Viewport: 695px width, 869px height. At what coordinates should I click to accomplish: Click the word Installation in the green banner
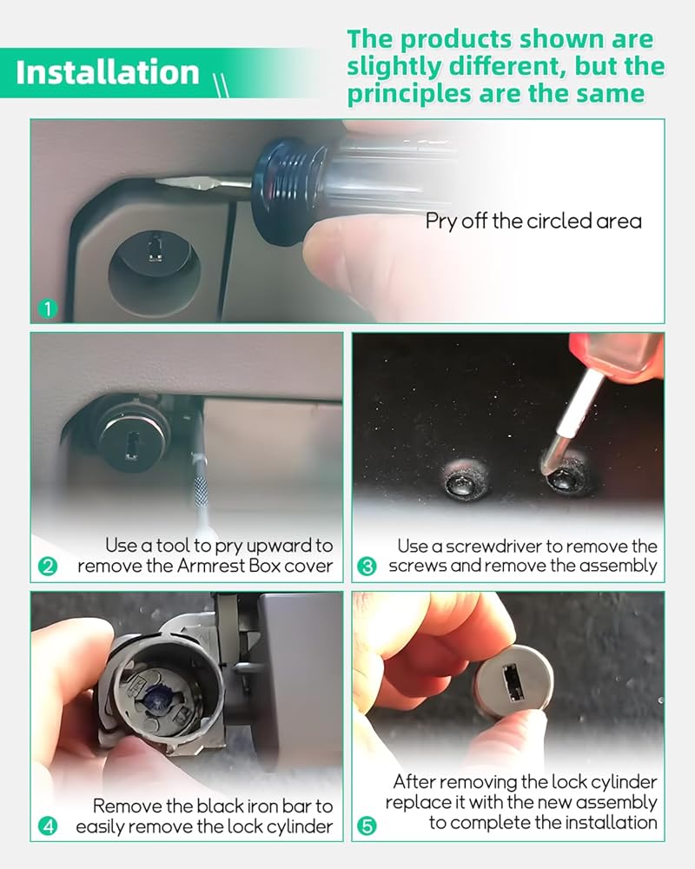pos(107,73)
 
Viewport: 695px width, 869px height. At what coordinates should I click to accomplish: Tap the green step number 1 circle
pos(48,308)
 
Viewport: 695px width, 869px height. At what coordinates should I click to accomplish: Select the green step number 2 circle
pos(48,567)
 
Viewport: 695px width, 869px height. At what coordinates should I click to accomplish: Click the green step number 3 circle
pos(367,567)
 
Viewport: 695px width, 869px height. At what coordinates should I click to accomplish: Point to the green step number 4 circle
pos(48,826)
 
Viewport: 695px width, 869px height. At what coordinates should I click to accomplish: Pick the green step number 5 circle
pos(367,826)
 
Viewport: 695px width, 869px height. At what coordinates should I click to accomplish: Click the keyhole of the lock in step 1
pos(156,248)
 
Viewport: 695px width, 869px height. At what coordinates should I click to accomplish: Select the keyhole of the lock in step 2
pos(131,448)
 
